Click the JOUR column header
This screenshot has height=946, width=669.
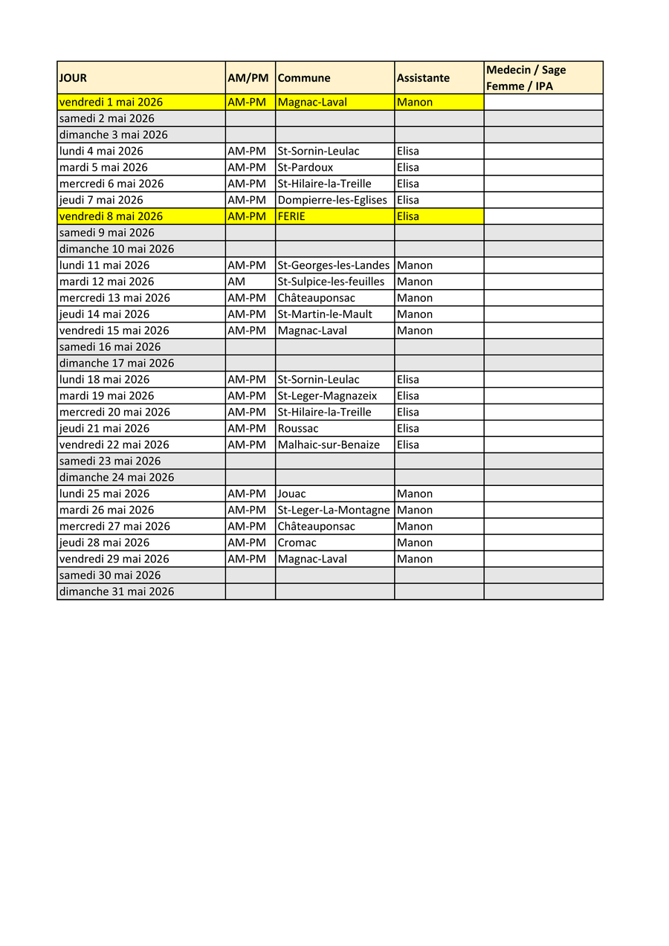click(x=73, y=78)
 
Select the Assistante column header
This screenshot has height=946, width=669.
click(x=423, y=78)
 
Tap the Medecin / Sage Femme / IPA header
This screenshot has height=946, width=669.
click(x=526, y=78)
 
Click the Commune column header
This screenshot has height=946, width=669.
click(x=304, y=78)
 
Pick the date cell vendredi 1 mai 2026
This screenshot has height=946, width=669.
click(x=111, y=103)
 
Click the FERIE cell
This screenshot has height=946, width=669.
click(x=291, y=217)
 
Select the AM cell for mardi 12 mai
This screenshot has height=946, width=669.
click(x=236, y=282)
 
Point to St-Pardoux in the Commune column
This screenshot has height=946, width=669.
click(x=306, y=168)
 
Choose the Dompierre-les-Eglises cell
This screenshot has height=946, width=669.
click(x=332, y=201)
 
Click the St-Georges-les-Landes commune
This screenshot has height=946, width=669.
click(x=333, y=265)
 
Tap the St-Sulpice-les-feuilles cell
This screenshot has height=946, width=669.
click(x=331, y=282)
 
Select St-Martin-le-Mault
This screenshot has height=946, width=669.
click(x=325, y=314)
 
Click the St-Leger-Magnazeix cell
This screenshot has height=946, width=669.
click(x=327, y=396)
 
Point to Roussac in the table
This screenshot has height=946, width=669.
click(x=298, y=429)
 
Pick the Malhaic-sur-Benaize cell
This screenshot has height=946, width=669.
click(x=329, y=445)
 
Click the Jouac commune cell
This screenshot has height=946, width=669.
click(x=291, y=494)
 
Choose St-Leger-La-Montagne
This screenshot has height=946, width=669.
click(x=333, y=511)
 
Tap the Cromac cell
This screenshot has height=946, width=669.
click(x=297, y=543)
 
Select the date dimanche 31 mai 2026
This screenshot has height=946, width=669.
click(x=117, y=592)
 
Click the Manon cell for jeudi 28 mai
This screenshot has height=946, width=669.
click(x=415, y=543)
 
